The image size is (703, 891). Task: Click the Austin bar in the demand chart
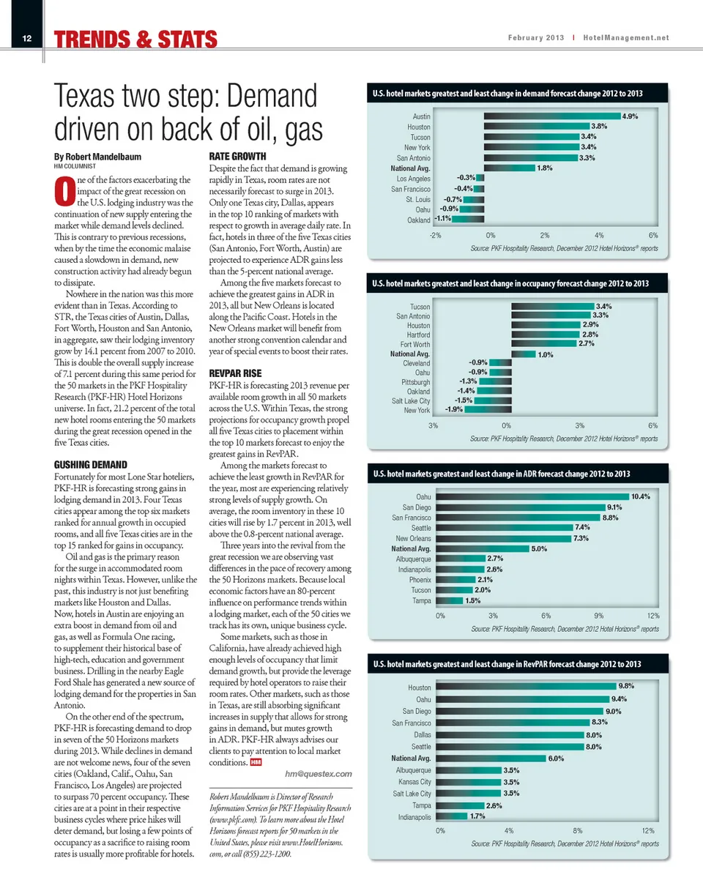[x=552, y=116]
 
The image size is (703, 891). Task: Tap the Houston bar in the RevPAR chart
[x=527, y=687]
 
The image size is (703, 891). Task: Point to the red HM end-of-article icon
[x=256, y=763]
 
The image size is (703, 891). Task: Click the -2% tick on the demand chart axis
[x=436, y=235]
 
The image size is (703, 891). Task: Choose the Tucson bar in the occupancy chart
[x=552, y=305]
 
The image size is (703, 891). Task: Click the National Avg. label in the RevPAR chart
[x=412, y=758]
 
